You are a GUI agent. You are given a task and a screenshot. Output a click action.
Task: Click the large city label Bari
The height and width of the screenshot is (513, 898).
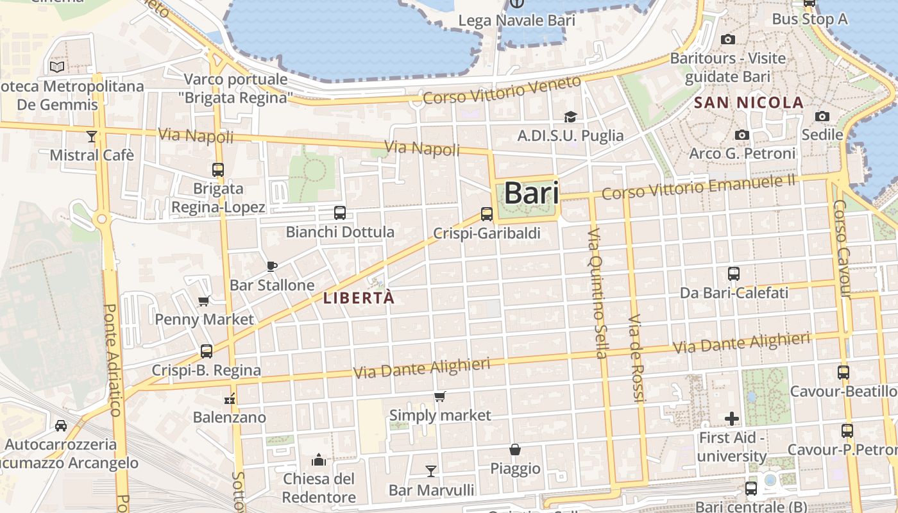pos(531,193)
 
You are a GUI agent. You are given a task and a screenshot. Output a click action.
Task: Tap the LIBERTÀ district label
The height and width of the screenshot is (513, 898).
pos(359,298)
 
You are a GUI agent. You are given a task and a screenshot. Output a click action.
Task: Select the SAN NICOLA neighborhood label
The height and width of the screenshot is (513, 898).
pos(749,103)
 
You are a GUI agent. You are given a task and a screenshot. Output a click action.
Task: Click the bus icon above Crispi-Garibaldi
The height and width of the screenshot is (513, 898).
pos(487,214)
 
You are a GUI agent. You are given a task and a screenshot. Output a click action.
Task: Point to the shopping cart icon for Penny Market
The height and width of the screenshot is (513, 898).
pos(204,301)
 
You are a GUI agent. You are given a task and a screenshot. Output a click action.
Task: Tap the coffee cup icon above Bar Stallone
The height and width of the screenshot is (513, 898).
pos(272,266)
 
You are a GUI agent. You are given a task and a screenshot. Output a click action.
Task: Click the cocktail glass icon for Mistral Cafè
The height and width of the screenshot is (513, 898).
pos(92,137)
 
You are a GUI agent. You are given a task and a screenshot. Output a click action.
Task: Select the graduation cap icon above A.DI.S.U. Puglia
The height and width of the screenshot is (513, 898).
pos(570,117)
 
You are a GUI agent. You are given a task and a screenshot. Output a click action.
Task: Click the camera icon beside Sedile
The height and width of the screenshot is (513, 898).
pos(822,117)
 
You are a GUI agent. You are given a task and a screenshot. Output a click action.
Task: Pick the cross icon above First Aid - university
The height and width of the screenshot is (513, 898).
pos(732,419)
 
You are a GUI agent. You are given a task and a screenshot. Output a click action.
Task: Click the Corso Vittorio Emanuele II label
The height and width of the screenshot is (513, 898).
pos(699,187)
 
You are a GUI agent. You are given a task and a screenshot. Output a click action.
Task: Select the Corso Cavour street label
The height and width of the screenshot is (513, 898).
pos(842,249)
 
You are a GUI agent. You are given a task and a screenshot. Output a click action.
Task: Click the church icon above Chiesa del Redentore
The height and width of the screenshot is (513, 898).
pos(319,460)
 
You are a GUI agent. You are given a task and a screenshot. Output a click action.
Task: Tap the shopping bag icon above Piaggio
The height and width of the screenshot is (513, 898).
pos(515,450)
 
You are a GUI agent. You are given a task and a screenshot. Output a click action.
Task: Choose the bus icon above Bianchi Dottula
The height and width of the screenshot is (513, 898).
pos(340,213)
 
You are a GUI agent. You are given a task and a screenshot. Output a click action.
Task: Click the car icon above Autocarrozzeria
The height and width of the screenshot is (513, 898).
pos(61,425)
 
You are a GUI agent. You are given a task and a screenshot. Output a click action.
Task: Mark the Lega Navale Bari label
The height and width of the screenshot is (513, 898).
pos(516,21)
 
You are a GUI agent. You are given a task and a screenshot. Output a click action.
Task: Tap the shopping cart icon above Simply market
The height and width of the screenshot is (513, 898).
pos(440,397)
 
